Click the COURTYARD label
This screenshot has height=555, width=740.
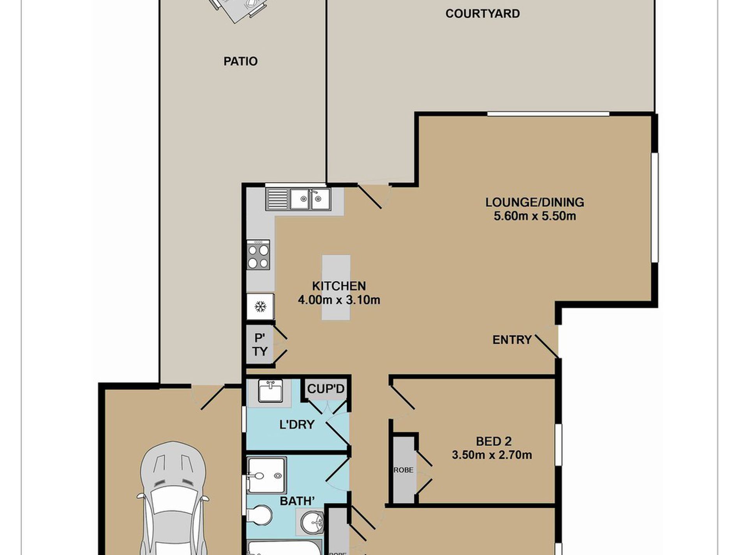pyautogui.click(x=483, y=14)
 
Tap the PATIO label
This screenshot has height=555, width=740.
pyautogui.click(x=240, y=61)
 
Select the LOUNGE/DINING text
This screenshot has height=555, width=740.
pyautogui.click(x=535, y=202)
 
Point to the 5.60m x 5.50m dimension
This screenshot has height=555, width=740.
pyautogui.click(x=535, y=216)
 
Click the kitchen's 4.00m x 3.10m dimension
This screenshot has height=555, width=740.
pyautogui.click(x=339, y=300)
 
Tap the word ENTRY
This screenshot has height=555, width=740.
pyautogui.click(x=512, y=340)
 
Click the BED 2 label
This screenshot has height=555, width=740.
pyautogui.click(x=493, y=441)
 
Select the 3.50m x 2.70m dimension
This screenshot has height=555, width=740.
pyautogui.click(x=492, y=455)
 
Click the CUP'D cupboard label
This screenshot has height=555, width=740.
pyautogui.click(x=326, y=389)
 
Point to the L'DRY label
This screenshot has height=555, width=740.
pyautogui.click(x=297, y=424)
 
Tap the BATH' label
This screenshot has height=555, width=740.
pyautogui.click(x=297, y=501)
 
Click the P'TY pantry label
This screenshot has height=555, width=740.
pyautogui.click(x=260, y=345)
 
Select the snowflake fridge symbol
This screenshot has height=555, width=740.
pyautogui.click(x=260, y=307)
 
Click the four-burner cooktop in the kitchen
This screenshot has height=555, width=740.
pyautogui.click(x=258, y=255)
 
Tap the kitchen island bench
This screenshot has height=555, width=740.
pyautogui.click(x=336, y=287)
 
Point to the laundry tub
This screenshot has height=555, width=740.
pyautogui.click(x=271, y=391)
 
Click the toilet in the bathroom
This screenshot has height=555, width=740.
pyautogui.click(x=259, y=516)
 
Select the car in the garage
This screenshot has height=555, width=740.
pyautogui.click(x=173, y=499)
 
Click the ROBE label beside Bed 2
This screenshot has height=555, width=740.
pyautogui.click(x=403, y=470)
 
